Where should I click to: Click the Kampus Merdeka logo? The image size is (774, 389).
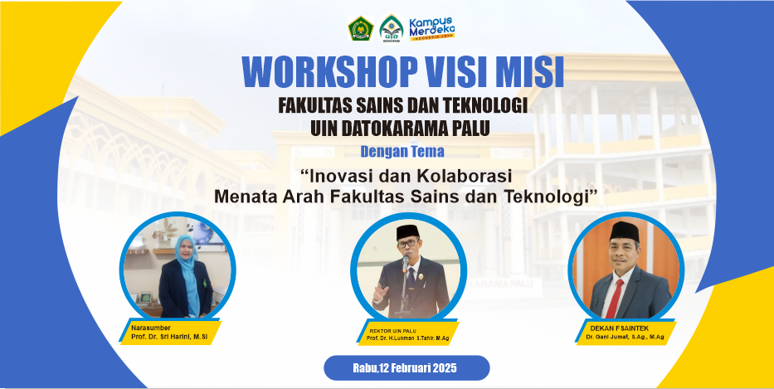point(432,29)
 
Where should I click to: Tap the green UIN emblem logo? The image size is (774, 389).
point(392,29)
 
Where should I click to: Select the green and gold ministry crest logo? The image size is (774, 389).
point(361,29)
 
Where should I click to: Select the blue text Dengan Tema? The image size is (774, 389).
point(402,152)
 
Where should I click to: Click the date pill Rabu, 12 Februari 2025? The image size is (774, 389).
point(406,367)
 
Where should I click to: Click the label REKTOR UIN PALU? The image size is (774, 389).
point(393,330)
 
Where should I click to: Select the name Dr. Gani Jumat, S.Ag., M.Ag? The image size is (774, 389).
point(625,338)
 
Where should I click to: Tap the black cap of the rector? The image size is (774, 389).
point(408,231)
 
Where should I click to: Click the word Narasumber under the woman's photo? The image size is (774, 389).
point(151,328)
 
